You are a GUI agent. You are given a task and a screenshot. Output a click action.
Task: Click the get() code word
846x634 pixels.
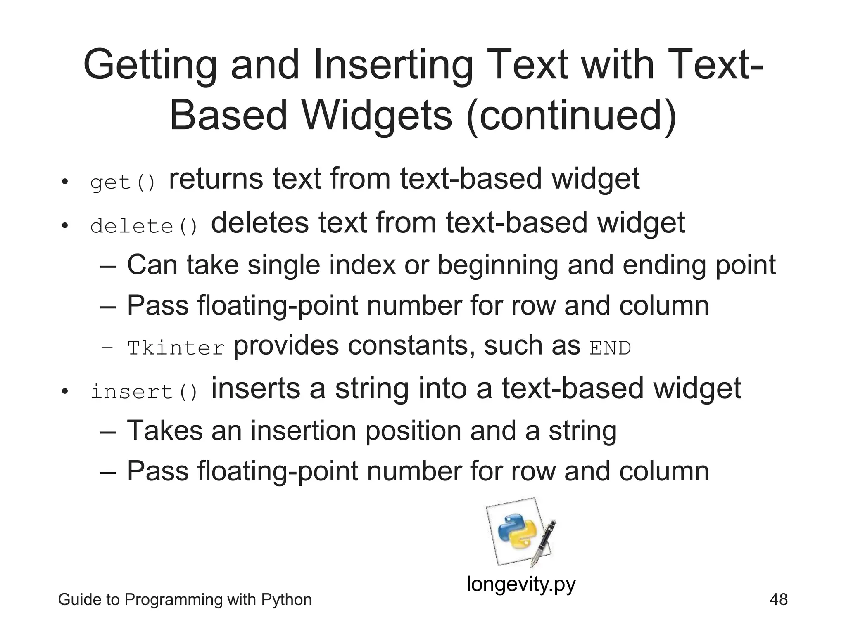click(123, 182)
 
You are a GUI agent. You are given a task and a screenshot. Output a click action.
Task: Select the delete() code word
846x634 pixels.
click(144, 226)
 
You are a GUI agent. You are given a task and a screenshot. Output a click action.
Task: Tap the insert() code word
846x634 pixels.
click(144, 392)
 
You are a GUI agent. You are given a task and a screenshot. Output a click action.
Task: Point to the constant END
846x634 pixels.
click(610, 348)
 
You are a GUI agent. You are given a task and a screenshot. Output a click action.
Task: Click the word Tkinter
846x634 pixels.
click(176, 348)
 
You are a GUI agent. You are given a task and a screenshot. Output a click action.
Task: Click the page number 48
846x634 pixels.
click(778, 599)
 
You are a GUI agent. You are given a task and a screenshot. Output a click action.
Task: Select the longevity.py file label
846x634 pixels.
click(521, 584)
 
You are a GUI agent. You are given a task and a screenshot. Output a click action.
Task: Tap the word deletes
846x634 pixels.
click(260, 222)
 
